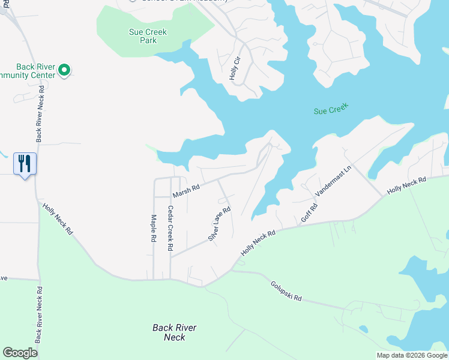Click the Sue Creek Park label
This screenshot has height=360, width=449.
point(148,36)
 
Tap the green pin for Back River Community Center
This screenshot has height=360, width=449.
point(65,71)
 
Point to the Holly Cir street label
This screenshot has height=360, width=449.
point(235,69)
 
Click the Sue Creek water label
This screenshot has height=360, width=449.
point(331,110)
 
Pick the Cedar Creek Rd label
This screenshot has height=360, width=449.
point(170,228)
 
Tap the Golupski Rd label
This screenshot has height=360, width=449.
point(285,291)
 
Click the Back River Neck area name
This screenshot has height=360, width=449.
point(175,332)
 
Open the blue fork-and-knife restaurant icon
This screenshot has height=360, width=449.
point(25,163)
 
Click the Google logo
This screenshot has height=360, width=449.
point(20,353)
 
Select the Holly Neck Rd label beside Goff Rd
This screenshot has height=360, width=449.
point(259,242)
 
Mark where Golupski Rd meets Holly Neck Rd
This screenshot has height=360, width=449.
point(232,271)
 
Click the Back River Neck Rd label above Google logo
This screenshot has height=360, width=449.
point(39,314)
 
